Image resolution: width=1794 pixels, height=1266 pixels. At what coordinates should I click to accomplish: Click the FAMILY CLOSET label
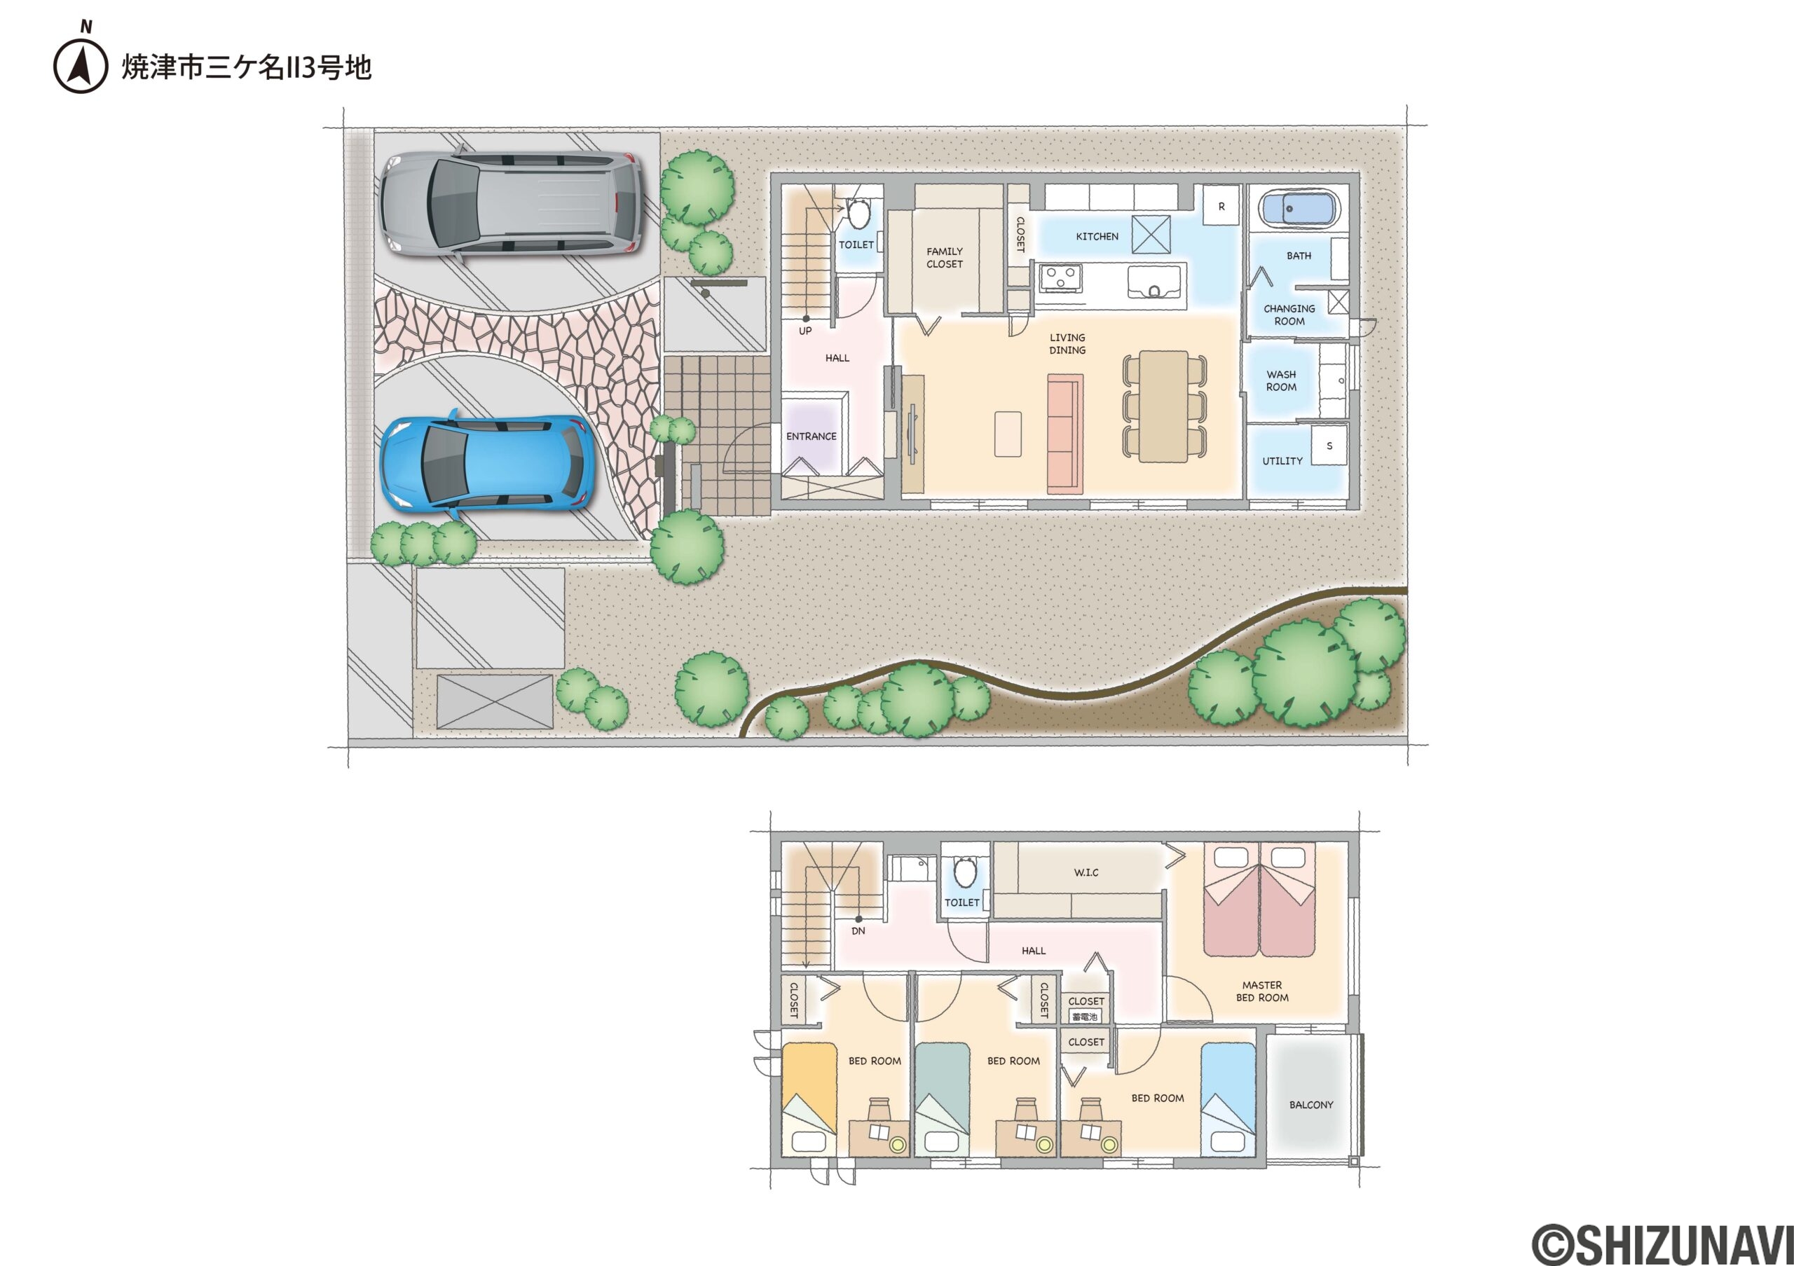tap(945, 258)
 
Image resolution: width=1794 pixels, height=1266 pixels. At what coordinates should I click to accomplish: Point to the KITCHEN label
tap(1097, 237)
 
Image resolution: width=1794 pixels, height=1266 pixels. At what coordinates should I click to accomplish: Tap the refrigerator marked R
tap(1221, 206)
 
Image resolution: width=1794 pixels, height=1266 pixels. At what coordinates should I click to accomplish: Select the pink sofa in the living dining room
tap(1065, 434)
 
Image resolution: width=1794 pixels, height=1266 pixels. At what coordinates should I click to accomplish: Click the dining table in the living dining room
tap(1164, 406)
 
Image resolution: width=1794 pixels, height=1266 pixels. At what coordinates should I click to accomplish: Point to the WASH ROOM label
tap(1282, 381)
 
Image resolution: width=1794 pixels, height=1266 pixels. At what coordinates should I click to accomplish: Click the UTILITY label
tap(1282, 461)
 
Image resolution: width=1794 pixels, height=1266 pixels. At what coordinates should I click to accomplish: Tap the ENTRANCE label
tap(811, 436)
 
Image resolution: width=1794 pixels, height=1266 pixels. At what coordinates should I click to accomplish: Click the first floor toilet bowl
tap(858, 212)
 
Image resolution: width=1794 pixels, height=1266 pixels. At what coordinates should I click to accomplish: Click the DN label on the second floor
tap(858, 931)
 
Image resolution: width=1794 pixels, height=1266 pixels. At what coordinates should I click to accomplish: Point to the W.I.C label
tap(1086, 872)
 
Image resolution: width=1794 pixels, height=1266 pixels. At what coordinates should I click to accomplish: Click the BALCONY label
tap(1311, 1105)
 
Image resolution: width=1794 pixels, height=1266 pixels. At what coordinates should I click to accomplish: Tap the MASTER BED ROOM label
tap(1262, 991)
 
